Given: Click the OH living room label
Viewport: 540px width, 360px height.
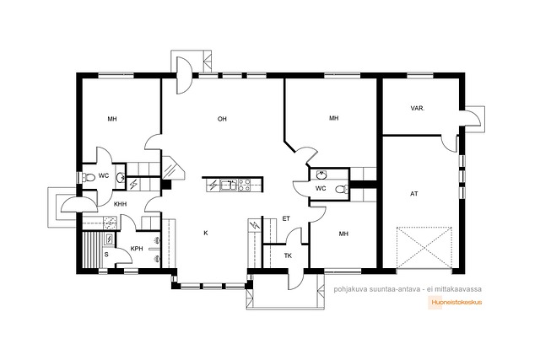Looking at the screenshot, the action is tap(222, 119).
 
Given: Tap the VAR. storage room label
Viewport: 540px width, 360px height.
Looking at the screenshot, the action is tap(418, 108).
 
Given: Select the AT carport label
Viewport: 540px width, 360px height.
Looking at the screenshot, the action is tap(414, 194).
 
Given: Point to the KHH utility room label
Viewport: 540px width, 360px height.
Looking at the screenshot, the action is tap(120, 204).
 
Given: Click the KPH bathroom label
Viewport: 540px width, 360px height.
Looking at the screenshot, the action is tap(137, 249).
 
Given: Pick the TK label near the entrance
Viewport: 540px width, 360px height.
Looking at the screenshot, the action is tap(288, 255).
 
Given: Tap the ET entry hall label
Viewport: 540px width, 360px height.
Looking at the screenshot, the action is tap(286, 218).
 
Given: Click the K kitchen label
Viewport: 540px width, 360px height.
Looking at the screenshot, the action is tap(206, 233).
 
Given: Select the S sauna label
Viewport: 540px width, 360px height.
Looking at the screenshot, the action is tap(106, 255).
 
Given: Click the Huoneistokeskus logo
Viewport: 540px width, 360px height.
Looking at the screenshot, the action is tap(456, 303).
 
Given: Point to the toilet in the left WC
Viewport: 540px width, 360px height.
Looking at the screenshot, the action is tap(89, 177).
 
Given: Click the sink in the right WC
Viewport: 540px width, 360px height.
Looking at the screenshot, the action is tap(321, 175).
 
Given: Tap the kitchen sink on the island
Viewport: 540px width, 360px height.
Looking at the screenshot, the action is tap(229, 185).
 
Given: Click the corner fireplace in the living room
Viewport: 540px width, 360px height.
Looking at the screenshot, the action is tap(172, 168).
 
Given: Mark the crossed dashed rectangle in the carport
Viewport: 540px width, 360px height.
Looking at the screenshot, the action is tap(424, 247).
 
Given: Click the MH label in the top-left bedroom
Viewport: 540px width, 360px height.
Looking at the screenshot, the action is tap(112, 119).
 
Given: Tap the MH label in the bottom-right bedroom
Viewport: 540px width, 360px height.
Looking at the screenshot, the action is tap(343, 234).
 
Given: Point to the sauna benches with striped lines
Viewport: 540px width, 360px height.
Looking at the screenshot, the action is tap(92, 250).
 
